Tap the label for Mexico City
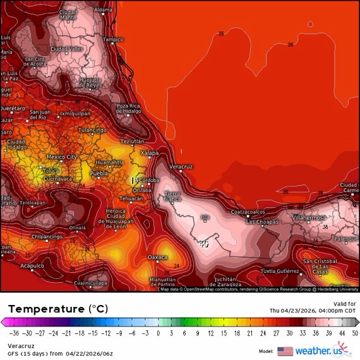tap(62, 157)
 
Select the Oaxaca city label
tap(157, 257)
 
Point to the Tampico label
tap(113, 39)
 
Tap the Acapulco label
tap(32, 266)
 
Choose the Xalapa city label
tap(150, 153)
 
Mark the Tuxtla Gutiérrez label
tap(280, 270)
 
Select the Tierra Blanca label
tap(172, 195)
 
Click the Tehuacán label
tap(132, 198)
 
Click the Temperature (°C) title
tap(58, 309)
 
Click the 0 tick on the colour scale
tap(158, 331)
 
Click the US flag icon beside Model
tap(285, 351)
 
